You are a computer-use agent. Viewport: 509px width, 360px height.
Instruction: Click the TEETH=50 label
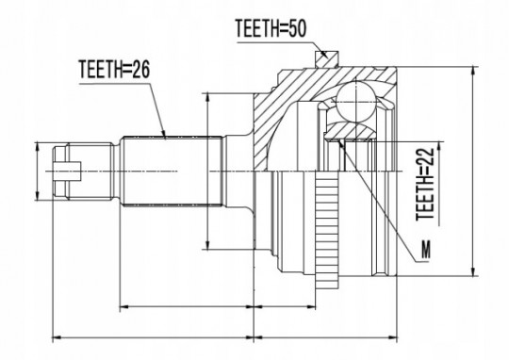pyautogui.click(x=271, y=28)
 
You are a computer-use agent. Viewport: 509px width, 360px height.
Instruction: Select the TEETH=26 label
pyautogui.click(x=114, y=70)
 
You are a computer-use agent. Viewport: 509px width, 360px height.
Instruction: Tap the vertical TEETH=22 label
pyautogui.click(x=425, y=185)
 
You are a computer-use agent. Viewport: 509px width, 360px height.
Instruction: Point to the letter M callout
pyautogui.click(x=425, y=250)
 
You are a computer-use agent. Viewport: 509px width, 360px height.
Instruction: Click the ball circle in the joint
pyautogui.click(x=355, y=103)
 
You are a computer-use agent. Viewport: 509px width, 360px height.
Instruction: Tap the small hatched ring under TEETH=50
pyautogui.click(x=327, y=59)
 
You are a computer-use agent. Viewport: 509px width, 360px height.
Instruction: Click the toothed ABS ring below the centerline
pyautogui.click(x=327, y=229)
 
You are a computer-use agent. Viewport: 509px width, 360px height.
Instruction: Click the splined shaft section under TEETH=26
pyautogui.click(x=172, y=172)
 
